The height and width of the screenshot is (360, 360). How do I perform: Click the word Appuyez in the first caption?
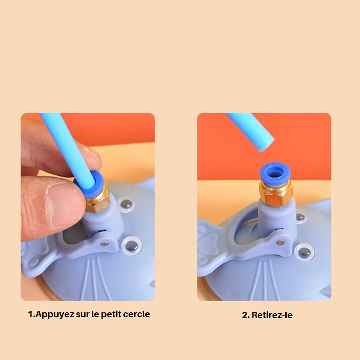point(54,315)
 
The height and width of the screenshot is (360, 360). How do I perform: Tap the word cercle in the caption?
point(136,314)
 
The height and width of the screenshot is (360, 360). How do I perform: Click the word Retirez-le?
point(272,315)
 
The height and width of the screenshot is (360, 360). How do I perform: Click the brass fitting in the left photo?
point(98,200)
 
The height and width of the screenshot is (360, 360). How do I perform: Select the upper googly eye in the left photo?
point(126,204)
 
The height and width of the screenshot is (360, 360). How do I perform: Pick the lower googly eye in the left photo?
point(131,246)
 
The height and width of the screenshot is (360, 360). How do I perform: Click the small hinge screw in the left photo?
point(105,243)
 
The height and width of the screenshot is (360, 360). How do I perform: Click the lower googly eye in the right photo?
point(305,252)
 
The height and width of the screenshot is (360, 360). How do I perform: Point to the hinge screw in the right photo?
point(280,243)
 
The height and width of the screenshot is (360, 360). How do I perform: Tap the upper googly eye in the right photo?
point(301,217)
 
